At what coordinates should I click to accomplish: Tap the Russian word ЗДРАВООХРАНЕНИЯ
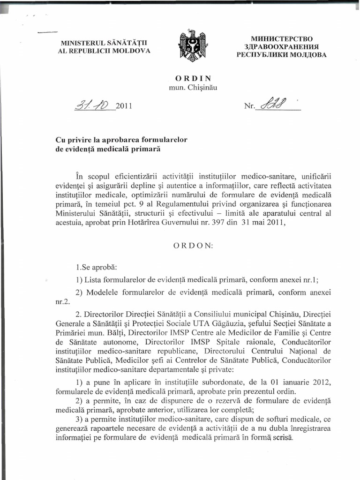[x=282, y=46]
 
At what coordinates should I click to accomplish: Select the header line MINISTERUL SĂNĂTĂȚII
[x=103, y=43]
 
